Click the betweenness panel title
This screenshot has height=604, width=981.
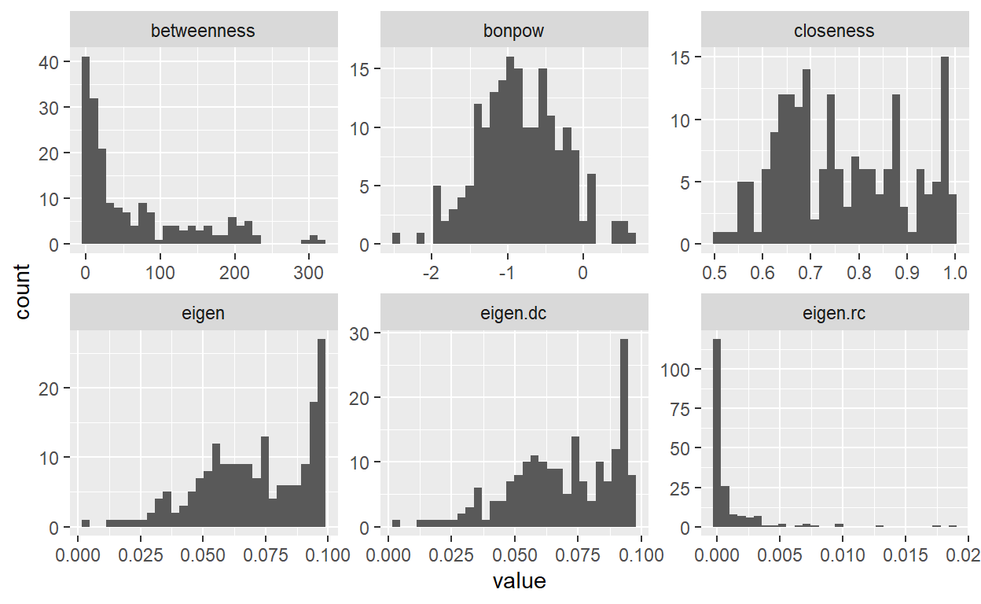(x=203, y=31)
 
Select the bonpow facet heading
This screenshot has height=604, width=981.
(x=514, y=31)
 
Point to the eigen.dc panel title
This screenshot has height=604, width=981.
(x=514, y=313)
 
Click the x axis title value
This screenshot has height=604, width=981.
(x=519, y=582)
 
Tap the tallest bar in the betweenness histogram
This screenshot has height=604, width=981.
(x=86, y=149)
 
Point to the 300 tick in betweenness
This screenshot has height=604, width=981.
(x=309, y=264)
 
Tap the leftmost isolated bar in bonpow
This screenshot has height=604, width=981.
(x=396, y=238)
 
